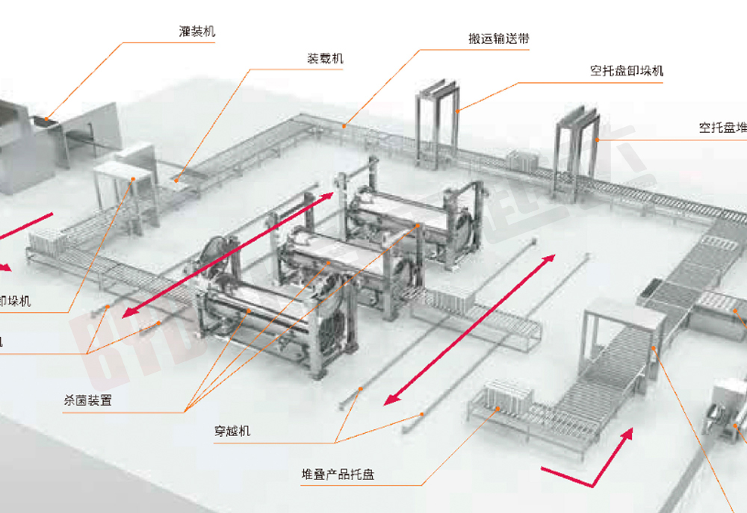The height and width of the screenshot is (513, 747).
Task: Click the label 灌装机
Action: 197,32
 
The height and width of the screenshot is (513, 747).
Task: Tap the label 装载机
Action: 326,59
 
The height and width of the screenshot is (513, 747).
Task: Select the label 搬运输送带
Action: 499,39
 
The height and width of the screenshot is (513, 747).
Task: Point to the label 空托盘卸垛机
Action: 626,72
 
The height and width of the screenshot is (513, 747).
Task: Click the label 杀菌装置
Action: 88,400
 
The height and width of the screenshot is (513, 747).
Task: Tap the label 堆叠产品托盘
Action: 338,474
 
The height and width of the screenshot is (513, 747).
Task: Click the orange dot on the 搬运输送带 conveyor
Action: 344,126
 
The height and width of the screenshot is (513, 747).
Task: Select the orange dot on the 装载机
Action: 173,178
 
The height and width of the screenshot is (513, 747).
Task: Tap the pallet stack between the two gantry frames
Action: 523,161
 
